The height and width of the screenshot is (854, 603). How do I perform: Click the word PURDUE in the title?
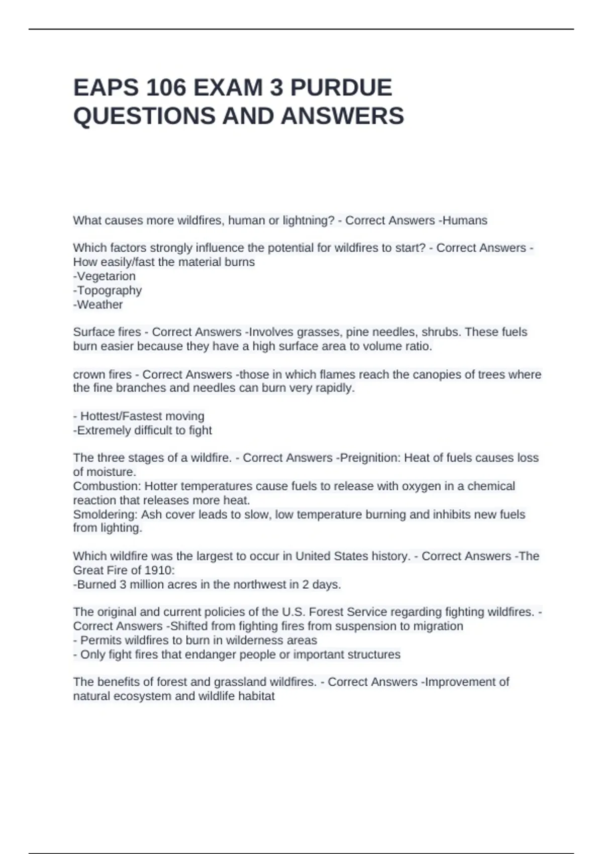click(341, 88)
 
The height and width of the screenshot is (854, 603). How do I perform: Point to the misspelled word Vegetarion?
click(106, 276)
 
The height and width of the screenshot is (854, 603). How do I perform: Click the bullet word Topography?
click(109, 290)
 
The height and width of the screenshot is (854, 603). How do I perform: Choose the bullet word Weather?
click(99, 304)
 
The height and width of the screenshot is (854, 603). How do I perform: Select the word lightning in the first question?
click(307, 221)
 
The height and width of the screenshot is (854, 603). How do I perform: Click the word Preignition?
click(368, 458)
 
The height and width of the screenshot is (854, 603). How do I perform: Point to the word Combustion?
click(106, 486)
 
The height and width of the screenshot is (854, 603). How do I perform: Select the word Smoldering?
click(105, 514)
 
